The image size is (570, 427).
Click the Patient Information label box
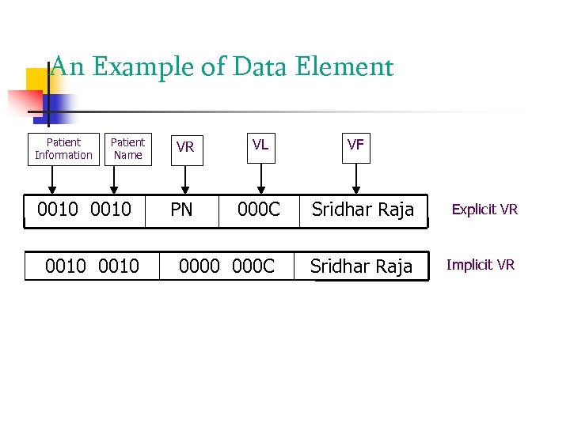[x=63, y=149]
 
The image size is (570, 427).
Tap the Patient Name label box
[x=127, y=149]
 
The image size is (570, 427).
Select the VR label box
[x=185, y=148]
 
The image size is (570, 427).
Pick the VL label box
[x=260, y=145]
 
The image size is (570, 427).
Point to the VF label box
[x=355, y=145]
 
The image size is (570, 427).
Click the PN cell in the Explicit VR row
[x=182, y=210]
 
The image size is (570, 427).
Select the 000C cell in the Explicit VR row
[x=260, y=210]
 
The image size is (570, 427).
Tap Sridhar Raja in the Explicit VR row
[x=363, y=210]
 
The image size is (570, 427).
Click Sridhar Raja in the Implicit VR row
[x=361, y=266]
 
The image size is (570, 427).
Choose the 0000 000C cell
[x=226, y=266]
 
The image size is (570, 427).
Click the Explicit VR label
[x=484, y=210]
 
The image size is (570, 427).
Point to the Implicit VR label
[x=481, y=265]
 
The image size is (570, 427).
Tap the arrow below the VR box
[x=185, y=179]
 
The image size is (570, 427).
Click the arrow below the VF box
[x=355, y=178]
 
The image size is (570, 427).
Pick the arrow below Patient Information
[x=53, y=179]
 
